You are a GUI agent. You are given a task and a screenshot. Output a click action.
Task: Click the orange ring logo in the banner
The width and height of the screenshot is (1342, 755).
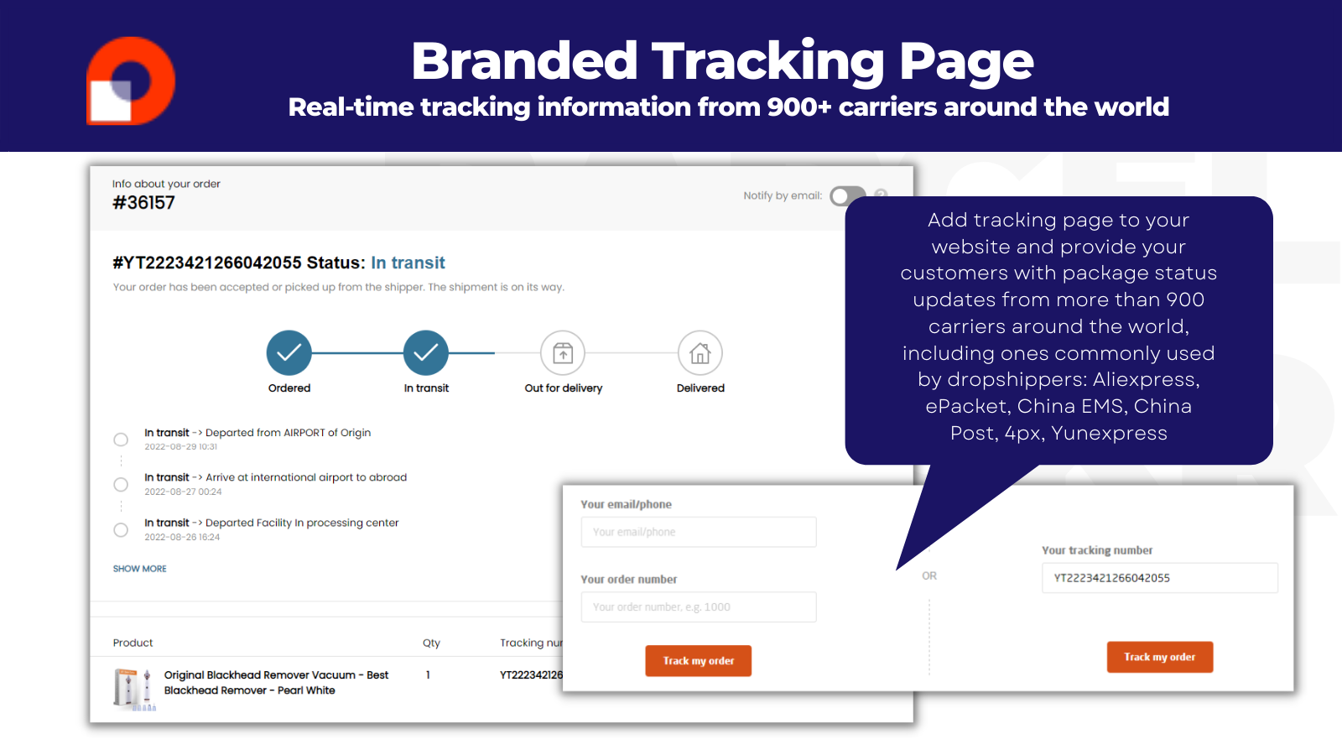point(132,81)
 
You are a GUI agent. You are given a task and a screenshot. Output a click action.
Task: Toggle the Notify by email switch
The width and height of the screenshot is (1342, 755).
point(845,196)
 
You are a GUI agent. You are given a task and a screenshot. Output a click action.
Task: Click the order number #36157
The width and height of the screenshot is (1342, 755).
point(143,203)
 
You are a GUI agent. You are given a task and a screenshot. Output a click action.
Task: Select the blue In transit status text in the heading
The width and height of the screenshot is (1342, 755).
point(408,263)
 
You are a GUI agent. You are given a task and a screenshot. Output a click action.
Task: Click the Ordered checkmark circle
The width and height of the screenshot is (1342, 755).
point(289,353)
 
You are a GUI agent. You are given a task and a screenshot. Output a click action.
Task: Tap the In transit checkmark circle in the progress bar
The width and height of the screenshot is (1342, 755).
point(426,353)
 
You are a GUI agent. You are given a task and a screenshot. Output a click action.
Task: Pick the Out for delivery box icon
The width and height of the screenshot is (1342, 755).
point(563,353)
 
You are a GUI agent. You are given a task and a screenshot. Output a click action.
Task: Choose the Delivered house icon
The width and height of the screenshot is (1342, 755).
point(700,353)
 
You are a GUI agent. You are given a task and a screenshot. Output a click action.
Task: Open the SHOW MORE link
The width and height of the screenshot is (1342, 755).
point(140,569)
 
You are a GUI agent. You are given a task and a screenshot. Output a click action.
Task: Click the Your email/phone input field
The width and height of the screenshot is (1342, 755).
point(698,532)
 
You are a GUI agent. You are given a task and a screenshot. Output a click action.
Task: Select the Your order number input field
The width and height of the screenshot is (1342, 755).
point(698,607)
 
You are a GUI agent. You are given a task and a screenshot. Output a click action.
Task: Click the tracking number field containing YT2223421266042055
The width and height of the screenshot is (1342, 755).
point(1159,578)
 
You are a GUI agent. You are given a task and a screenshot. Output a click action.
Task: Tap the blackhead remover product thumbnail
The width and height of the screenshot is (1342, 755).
point(133,688)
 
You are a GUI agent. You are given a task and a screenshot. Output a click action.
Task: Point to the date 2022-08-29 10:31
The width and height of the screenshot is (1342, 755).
point(181,447)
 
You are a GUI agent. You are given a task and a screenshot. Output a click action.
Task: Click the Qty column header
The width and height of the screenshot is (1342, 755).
point(431,643)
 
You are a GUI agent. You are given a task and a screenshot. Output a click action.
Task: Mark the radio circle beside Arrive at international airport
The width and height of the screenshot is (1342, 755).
point(121,485)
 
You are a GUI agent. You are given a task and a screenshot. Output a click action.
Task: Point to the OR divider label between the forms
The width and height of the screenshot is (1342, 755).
point(929,576)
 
